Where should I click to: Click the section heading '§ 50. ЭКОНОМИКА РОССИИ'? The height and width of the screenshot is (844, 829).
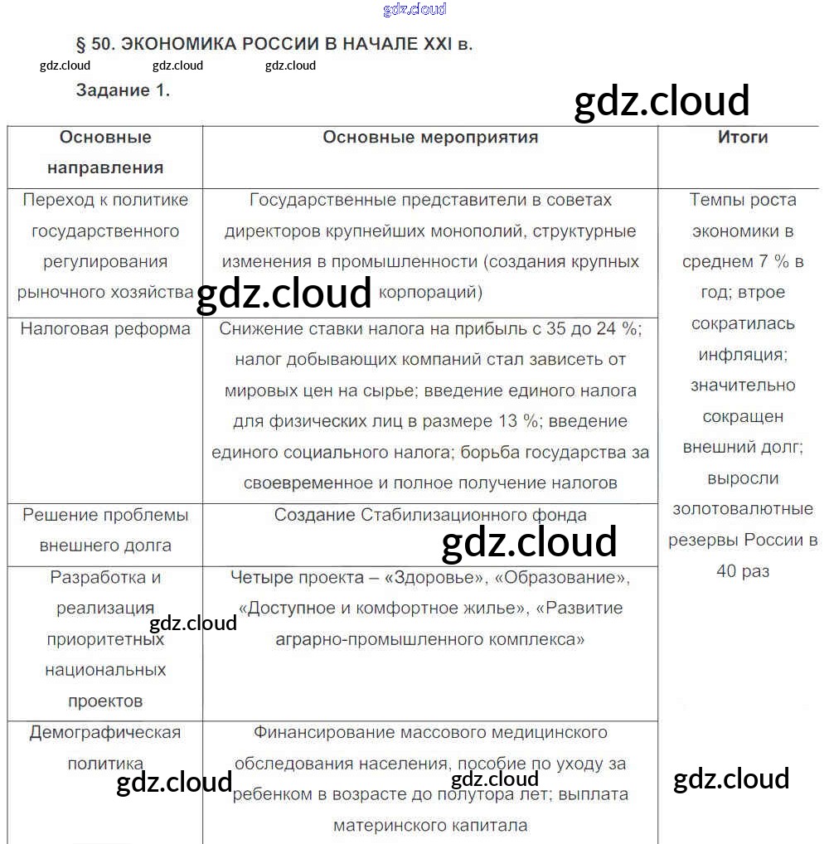274,44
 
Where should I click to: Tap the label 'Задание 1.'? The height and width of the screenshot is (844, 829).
123,91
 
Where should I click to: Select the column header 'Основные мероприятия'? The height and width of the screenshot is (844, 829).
430,138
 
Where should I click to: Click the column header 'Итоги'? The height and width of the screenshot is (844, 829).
743,138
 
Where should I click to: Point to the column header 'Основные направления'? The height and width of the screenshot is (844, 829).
105,153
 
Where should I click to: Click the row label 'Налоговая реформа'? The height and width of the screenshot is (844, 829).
105,329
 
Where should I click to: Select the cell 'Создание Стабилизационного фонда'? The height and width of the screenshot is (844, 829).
430,515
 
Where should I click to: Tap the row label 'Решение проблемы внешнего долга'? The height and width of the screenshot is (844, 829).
105,530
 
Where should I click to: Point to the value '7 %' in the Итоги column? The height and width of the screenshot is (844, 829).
773,262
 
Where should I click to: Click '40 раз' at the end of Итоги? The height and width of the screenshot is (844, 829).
743,571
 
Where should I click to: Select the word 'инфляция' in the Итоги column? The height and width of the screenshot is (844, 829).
743,355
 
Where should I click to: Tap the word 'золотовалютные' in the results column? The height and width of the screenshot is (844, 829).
743,509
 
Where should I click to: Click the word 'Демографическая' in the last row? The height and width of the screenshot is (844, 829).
105,733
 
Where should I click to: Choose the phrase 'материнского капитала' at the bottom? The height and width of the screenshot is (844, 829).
430,825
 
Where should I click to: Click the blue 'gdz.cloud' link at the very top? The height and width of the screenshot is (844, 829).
414,9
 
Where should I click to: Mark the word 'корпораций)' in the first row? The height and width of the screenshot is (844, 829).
430,293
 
